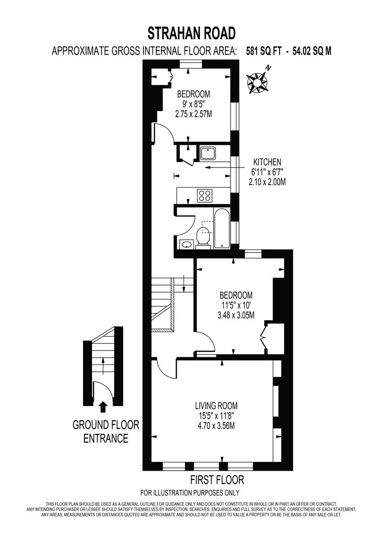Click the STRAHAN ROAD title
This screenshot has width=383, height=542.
pyautogui.click(x=192, y=33)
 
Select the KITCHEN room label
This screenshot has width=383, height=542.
pyautogui.click(x=267, y=162)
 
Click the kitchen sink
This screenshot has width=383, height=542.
pyautogui.click(x=208, y=153)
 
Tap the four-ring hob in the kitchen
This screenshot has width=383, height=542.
pyautogui.click(x=205, y=196)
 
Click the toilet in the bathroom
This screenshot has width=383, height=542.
pyautogui.click(x=203, y=238)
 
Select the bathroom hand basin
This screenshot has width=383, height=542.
pyautogui.click(x=186, y=245)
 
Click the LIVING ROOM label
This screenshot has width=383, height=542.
pyautogui.click(x=216, y=405)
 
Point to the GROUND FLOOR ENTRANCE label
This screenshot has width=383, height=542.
pyautogui.click(x=106, y=431)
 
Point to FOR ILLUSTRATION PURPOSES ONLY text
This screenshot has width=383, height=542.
pyautogui.click(x=190, y=493)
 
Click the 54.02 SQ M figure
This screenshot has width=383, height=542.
pyautogui.click(x=312, y=51)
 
